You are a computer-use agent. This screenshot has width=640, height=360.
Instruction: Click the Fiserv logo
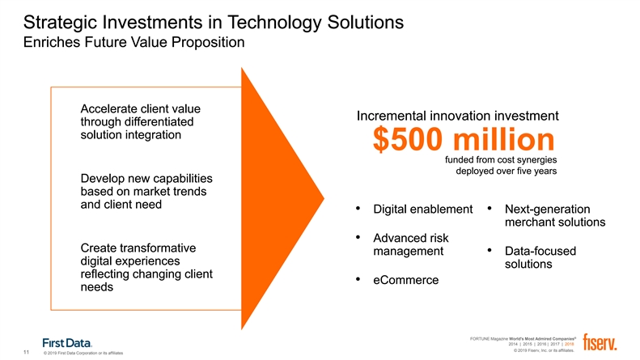click(600, 342)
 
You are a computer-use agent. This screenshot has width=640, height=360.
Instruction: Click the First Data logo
click(67, 343)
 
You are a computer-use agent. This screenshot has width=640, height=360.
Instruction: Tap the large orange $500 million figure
click(464, 139)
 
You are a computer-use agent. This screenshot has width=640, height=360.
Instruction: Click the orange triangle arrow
click(282, 198)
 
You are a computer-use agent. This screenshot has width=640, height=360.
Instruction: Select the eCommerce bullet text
click(405, 280)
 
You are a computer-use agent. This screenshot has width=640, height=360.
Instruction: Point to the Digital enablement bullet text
click(423, 209)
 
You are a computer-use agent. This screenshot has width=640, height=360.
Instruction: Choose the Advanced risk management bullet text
click(410, 244)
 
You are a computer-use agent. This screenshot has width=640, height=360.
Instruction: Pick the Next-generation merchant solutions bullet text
click(555, 215)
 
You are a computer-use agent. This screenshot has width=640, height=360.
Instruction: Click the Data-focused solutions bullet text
click(540, 257)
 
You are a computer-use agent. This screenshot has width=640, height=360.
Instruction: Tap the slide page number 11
click(26, 352)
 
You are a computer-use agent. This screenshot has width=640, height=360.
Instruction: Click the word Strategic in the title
click(60, 23)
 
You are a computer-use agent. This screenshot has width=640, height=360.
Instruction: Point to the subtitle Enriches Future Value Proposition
click(134, 42)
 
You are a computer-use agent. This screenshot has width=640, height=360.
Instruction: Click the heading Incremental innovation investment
click(458, 116)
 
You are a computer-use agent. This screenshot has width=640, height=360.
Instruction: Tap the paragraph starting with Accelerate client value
click(141, 121)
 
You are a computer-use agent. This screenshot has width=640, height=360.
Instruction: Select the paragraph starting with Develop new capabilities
click(146, 192)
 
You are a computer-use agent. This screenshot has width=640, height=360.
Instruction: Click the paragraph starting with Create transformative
click(146, 267)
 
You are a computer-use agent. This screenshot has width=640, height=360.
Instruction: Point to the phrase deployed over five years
click(506, 171)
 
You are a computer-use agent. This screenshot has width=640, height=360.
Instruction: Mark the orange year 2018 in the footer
click(569, 344)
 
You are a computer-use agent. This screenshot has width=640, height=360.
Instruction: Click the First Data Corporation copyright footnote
click(83, 353)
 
